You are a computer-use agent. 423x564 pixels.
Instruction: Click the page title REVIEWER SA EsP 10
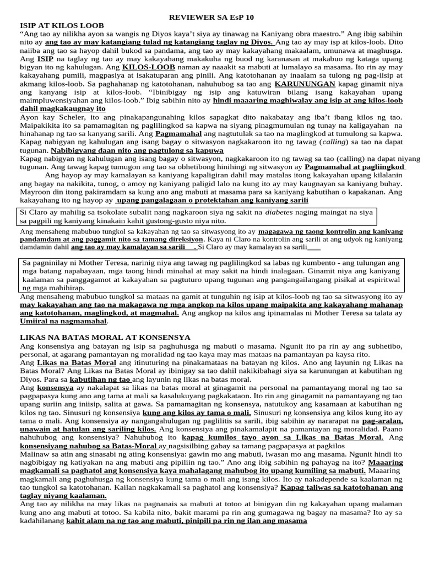[x=211, y=18]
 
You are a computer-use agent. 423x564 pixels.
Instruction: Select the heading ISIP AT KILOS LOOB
[x=62, y=25]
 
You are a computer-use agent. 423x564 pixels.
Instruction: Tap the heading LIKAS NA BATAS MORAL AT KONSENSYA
[x=105, y=337]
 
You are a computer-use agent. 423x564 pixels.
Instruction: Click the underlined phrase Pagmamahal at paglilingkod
[x=355, y=167]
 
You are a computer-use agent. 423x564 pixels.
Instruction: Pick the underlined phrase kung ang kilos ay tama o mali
[x=197, y=413]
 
